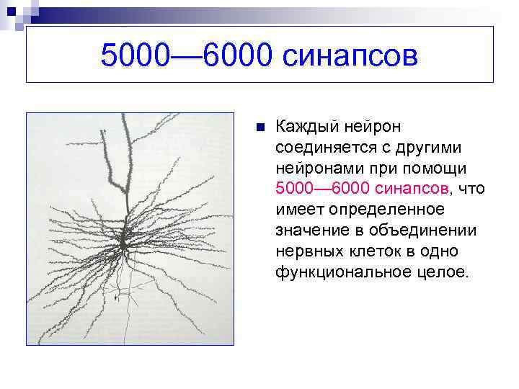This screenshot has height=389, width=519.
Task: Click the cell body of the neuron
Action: coord(125,241)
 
